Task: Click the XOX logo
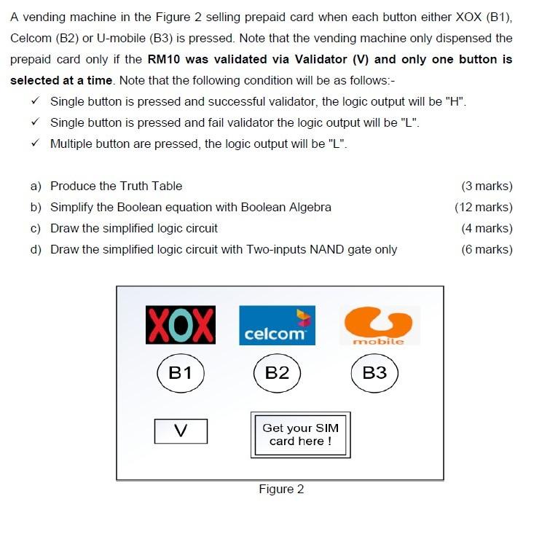pos(181,326)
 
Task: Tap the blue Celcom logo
pos(277,325)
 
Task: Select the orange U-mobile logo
pos(378,325)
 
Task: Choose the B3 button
pos(374,373)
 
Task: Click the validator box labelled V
pos(181,431)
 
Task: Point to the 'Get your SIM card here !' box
pos(300,435)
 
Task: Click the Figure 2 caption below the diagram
pos(281,489)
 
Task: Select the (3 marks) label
pos(487,186)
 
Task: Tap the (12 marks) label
pos(483,207)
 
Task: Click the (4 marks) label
pos(487,228)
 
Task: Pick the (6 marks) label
pos(487,249)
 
